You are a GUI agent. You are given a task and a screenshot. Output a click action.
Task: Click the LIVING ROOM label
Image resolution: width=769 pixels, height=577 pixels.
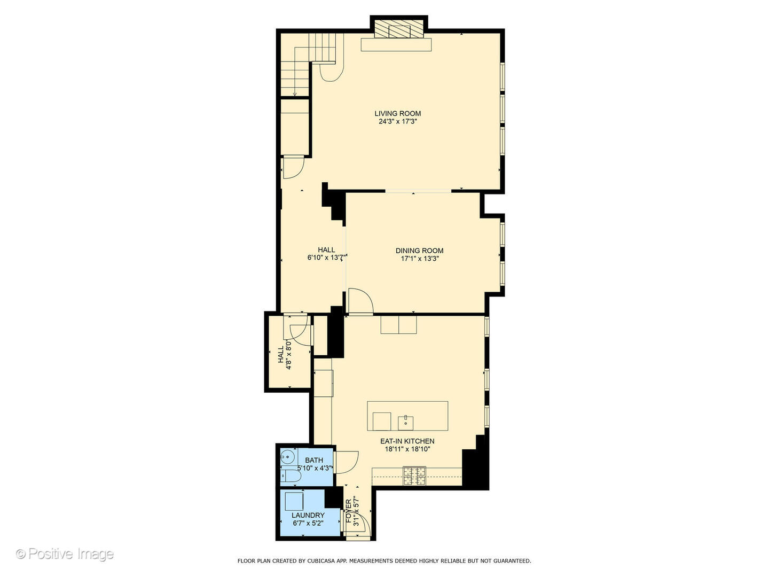[x=397, y=113]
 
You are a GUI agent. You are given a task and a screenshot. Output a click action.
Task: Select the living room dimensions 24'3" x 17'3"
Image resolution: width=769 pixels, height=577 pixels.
[x=397, y=122]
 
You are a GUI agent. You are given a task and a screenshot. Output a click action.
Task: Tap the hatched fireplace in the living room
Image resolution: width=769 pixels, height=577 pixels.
[x=399, y=30]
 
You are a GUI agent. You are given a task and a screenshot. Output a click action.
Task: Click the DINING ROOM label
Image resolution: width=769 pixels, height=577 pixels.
[x=419, y=251]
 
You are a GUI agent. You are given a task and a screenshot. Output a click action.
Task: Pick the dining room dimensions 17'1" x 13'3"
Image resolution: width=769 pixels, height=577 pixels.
[x=419, y=259]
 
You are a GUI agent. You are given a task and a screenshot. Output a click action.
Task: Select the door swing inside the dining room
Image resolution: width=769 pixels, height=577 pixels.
[x=359, y=300]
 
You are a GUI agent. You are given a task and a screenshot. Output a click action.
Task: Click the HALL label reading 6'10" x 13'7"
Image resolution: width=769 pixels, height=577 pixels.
[x=326, y=249]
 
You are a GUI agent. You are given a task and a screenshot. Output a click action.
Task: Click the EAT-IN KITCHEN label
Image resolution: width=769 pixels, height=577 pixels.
[x=407, y=441]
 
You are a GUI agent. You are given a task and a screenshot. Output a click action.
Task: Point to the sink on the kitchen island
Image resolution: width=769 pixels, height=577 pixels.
[x=406, y=422]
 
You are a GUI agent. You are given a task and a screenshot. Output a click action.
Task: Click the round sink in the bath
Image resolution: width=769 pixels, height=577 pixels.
[x=287, y=457]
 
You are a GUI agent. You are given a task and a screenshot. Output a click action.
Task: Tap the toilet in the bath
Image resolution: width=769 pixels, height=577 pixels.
[x=291, y=476]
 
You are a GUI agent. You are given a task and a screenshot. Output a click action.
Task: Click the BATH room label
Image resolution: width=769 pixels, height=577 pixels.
[x=314, y=460]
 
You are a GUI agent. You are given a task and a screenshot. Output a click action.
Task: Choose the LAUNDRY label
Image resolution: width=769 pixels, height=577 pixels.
[x=308, y=516]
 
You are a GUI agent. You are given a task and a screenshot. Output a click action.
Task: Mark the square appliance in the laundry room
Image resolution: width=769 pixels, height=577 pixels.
[x=294, y=502]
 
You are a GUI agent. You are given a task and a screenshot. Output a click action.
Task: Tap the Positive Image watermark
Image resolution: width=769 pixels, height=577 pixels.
[x=65, y=554]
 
